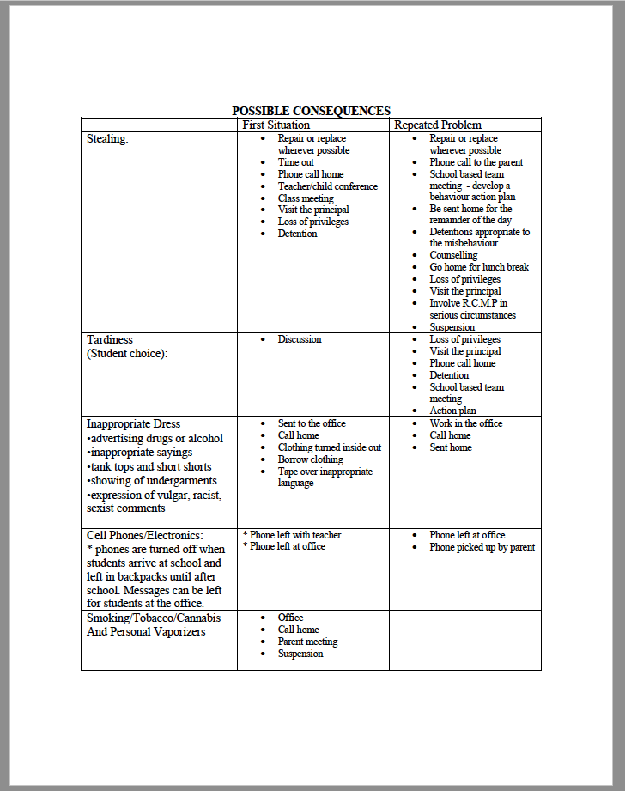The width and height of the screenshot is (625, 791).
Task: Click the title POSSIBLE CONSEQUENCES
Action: (x=311, y=111)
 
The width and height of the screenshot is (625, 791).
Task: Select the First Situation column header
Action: (x=276, y=125)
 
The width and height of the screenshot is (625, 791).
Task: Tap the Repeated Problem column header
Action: (x=437, y=125)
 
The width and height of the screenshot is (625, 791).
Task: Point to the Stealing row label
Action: (x=107, y=138)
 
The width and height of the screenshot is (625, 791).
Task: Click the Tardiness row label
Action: (x=110, y=339)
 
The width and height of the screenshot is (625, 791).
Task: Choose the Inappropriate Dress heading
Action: (x=133, y=423)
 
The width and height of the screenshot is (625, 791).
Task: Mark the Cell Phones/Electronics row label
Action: (x=145, y=535)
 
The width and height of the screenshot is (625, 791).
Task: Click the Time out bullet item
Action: (x=295, y=162)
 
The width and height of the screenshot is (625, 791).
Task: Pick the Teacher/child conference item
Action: (x=327, y=186)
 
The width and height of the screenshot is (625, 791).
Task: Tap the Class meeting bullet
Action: (x=306, y=198)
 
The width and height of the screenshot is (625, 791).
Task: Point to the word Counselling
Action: (x=453, y=255)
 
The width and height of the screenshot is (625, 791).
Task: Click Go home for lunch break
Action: (x=479, y=267)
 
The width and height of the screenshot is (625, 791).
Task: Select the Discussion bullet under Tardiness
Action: (x=300, y=339)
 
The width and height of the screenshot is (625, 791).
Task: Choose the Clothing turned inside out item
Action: (x=329, y=447)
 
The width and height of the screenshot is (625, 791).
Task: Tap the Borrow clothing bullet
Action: (x=310, y=459)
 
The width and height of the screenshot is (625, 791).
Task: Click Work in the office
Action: (x=466, y=423)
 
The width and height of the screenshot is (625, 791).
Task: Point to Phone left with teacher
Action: (x=295, y=535)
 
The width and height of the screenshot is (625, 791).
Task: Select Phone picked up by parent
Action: (x=482, y=547)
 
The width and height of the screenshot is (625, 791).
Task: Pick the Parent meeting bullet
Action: (x=307, y=642)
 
